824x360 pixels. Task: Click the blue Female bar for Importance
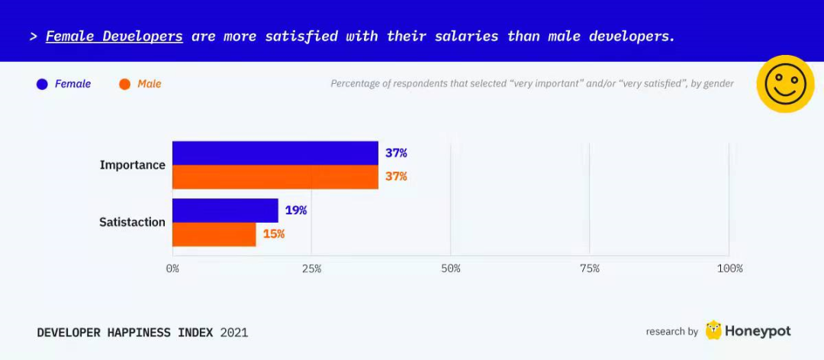click(275, 153)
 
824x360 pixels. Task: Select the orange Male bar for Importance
click(275, 177)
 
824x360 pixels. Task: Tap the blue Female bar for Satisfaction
click(225, 211)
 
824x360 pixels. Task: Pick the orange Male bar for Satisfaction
click(214, 234)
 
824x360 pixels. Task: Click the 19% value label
click(296, 211)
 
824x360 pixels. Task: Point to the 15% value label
click(274, 234)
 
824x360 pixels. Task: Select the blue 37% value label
click(396, 153)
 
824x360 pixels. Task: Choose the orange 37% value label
click(396, 177)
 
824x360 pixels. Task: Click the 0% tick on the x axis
click(172, 268)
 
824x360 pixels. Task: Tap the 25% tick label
click(311, 268)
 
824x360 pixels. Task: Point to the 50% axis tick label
click(450, 268)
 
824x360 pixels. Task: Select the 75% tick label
click(589, 268)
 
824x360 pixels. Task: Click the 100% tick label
click(729, 268)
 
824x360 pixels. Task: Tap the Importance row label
click(132, 165)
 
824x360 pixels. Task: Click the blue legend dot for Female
click(42, 84)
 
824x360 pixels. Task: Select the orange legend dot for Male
click(125, 84)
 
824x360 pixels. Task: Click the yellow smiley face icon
click(785, 84)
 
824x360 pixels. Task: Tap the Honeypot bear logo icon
click(713, 330)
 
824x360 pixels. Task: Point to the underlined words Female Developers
click(114, 36)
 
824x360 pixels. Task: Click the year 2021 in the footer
click(234, 333)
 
